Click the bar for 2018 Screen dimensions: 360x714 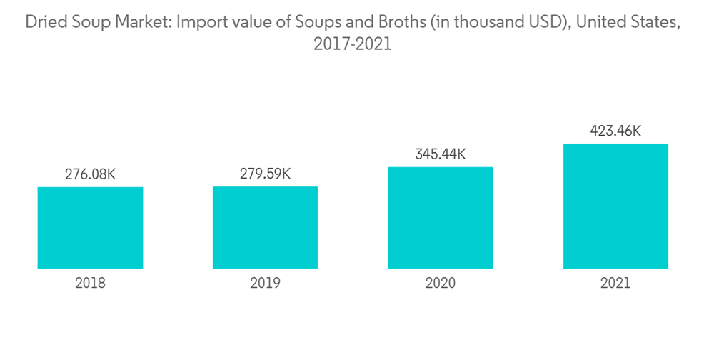[x=90, y=228]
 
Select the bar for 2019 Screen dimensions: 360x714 [x=265, y=228]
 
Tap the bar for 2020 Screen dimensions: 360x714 [x=440, y=218]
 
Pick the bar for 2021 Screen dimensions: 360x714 [x=615, y=206]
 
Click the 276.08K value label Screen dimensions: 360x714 [x=90, y=174]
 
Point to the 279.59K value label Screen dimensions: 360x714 [x=265, y=174]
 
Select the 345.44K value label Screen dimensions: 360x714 [x=440, y=154]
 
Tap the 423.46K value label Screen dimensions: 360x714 [x=615, y=131]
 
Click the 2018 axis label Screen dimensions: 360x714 [x=90, y=283]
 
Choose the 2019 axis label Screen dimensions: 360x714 [x=265, y=283]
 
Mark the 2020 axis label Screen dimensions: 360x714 [x=440, y=283]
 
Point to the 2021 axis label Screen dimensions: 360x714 [x=615, y=283]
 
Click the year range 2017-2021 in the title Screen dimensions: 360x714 [x=353, y=44]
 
